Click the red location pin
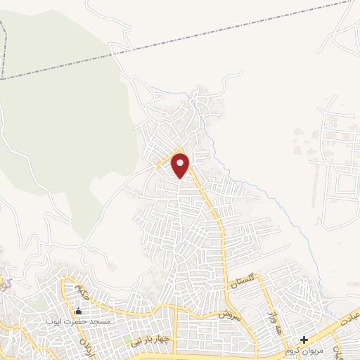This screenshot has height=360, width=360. point(181,165)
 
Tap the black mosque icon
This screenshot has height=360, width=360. point(77,311)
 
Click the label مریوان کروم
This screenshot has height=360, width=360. point(305,349)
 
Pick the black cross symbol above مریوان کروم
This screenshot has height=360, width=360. point(304,340)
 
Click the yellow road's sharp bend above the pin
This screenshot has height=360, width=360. point(180,150)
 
